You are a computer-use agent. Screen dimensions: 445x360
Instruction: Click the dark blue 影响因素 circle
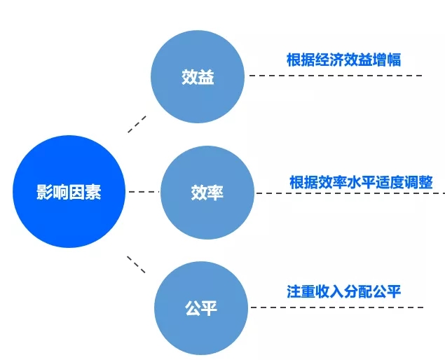pos(69,191)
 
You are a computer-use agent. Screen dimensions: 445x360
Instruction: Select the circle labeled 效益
pos(198,76)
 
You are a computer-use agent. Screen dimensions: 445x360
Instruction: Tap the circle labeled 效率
pos(207,193)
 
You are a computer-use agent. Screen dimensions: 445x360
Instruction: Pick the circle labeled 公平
pos(201,308)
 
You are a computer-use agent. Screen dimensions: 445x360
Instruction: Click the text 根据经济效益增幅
pos(343,60)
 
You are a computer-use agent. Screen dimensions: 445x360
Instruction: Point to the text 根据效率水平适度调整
pos(361,182)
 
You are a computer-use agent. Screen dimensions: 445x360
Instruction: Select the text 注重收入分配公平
pos(343,291)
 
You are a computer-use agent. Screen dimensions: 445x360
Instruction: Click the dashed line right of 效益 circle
pos(336,76)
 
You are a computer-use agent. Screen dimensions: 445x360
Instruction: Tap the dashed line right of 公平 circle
pos(338,307)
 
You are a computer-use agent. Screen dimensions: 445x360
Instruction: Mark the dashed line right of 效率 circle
pos(350,193)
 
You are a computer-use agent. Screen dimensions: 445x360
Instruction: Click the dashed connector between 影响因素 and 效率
pos(144,192)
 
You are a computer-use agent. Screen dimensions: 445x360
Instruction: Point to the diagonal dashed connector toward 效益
pos(137,124)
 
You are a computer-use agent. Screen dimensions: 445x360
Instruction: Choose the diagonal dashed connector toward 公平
pos(136,265)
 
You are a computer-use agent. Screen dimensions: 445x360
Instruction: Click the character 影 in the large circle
pos(45,192)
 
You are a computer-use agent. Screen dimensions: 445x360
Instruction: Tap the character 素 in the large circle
pos(93,192)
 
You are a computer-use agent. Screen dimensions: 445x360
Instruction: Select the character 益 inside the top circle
pos(206,77)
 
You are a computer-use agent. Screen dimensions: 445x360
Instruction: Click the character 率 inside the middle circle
pos(215,193)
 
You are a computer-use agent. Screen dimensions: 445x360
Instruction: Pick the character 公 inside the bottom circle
pos(193,308)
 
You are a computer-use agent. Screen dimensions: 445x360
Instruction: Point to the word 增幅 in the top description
pos(387,60)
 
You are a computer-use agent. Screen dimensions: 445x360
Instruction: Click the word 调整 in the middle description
pos(419,182)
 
